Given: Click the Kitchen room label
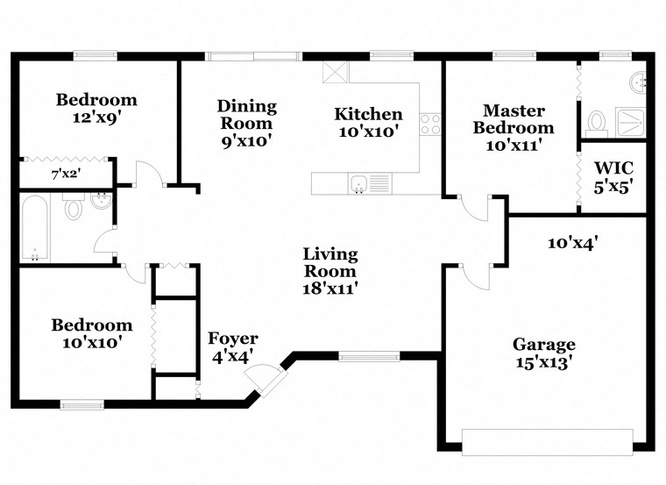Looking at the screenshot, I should [x=368, y=114].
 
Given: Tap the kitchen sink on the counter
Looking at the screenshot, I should [x=358, y=183].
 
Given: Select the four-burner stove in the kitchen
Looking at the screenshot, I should [x=429, y=124].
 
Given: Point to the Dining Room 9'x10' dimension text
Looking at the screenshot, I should [x=246, y=139].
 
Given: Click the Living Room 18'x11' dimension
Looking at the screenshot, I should [x=330, y=286].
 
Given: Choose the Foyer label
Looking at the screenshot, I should [x=232, y=339].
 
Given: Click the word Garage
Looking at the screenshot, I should [x=543, y=345].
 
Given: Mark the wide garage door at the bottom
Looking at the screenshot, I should [x=547, y=441].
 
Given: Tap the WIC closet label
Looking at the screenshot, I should [x=613, y=168].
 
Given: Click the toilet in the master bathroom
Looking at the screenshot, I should [x=597, y=121].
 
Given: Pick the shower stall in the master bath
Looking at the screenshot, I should [x=630, y=121].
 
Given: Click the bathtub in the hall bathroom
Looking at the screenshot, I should [x=36, y=229].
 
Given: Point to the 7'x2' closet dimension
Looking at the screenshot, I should [x=66, y=175].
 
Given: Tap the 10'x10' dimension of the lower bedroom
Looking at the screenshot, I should [x=91, y=342].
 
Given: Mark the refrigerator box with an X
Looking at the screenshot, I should [x=334, y=72].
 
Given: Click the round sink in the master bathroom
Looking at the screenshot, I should [x=639, y=83].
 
